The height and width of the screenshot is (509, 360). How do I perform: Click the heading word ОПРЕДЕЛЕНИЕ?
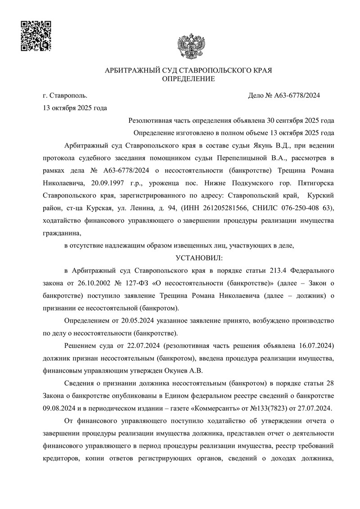point(189,79)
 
